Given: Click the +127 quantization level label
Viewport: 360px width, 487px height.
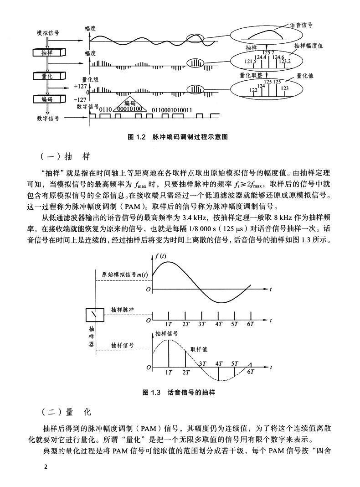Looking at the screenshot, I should [x=79, y=86].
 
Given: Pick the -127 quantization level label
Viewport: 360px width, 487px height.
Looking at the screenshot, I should [x=80, y=99].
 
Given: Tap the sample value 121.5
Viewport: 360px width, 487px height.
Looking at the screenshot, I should [x=250, y=61].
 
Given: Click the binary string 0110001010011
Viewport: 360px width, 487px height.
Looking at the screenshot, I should [x=172, y=110].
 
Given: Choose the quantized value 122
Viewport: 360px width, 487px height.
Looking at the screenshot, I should [x=253, y=90].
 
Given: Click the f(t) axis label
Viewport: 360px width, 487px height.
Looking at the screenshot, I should [x=160, y=256].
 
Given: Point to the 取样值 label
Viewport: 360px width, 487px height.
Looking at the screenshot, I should [x=199, y=349].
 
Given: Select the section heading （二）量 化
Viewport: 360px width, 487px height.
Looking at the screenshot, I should [x=67, y=412].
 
